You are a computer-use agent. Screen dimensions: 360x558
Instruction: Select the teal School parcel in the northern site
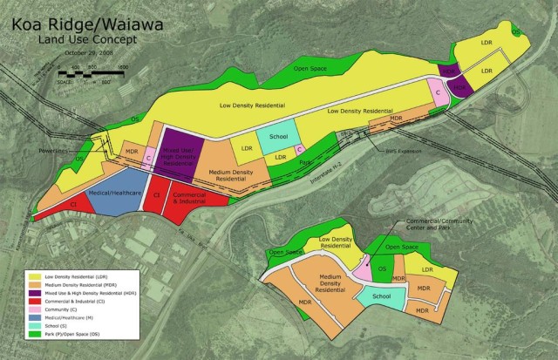(278, 138)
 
